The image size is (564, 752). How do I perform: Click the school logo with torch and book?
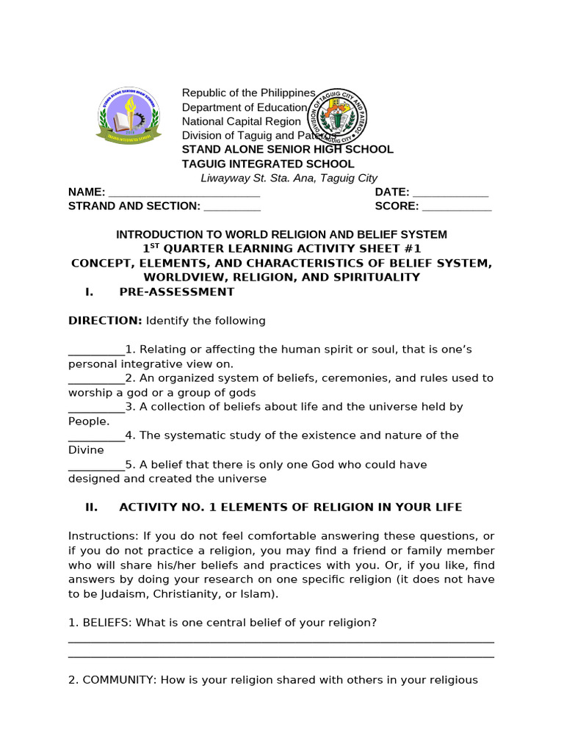126,117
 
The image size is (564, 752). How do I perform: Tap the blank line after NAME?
184,192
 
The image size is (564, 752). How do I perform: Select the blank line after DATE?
451,192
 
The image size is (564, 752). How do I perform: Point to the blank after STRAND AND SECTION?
231,206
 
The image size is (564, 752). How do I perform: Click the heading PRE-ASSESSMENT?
176,292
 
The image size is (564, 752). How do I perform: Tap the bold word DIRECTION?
105,321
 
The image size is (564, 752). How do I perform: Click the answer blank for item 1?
96,350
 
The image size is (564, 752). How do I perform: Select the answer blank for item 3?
96,407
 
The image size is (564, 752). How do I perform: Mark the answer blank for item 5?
96,465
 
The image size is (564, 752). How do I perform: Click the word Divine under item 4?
86,449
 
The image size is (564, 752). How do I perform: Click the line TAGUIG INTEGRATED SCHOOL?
268,164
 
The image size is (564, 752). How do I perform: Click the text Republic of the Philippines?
248,93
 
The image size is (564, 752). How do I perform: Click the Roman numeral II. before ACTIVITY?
92,507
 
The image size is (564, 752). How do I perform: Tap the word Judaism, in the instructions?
121,593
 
